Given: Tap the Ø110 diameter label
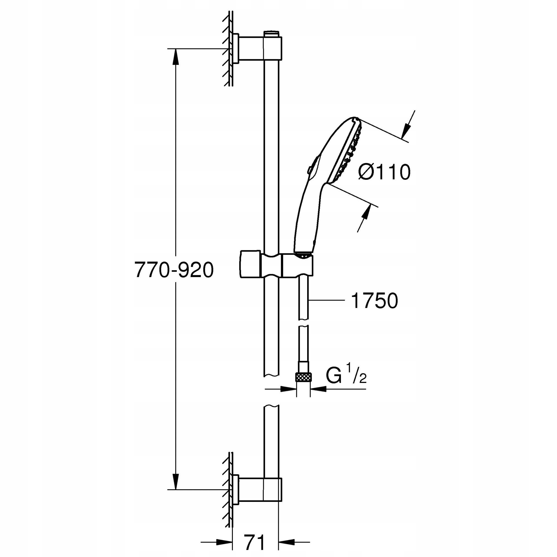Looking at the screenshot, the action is click(384, 172).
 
